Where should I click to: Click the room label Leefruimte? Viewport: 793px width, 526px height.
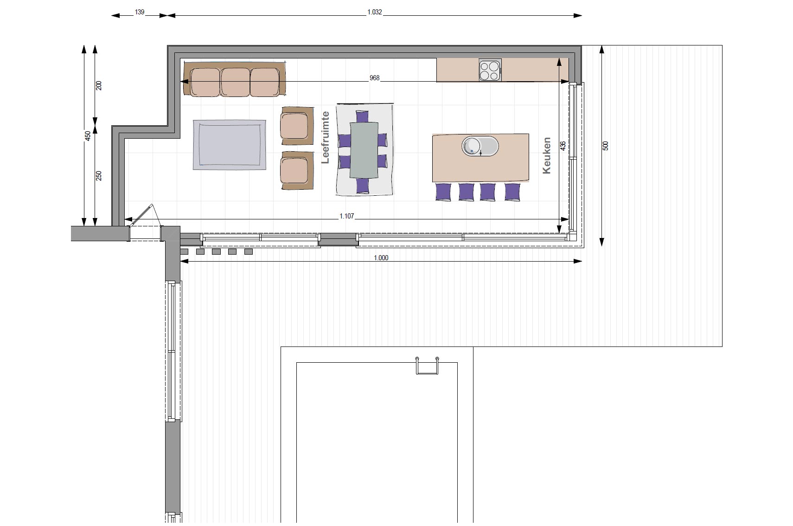coord(326,137)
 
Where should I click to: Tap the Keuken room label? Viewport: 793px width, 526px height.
coord(547,155)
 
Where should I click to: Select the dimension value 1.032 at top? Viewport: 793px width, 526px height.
coord(375,12)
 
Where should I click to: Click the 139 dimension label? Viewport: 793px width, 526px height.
coord(140,12)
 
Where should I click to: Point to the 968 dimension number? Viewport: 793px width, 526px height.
coord(375,78)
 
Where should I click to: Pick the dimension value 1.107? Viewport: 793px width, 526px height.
coord(346,216)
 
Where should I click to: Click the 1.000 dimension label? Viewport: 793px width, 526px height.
coord(381,258)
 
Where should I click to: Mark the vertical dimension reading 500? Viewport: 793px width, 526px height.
coord(605,146)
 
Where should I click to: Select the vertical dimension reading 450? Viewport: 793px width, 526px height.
coord(88,136)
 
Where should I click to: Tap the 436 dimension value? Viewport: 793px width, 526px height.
coord(563,146)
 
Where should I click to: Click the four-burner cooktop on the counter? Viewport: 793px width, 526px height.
coord(490,70)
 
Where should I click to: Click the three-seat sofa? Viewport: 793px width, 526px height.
coord(234,79)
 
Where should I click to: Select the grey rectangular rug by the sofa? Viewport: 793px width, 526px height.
coord(230,145)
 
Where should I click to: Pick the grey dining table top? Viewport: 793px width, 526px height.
coord(364,150)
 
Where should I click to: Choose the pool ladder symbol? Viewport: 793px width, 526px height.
coord(427,366)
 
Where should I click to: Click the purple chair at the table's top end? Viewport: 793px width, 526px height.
coord(362,116)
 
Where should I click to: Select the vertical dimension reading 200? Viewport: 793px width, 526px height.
coord(99,85)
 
